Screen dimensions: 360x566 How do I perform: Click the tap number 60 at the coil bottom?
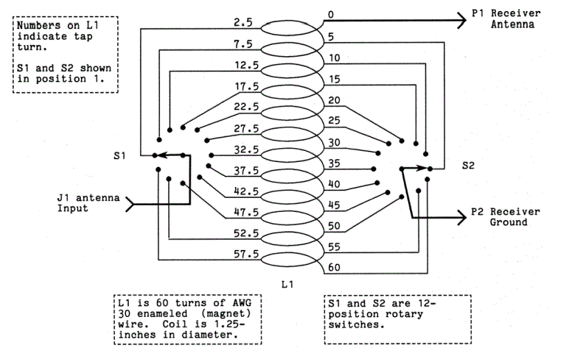click(333, 267)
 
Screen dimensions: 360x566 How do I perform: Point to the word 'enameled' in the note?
click(160, 315)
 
